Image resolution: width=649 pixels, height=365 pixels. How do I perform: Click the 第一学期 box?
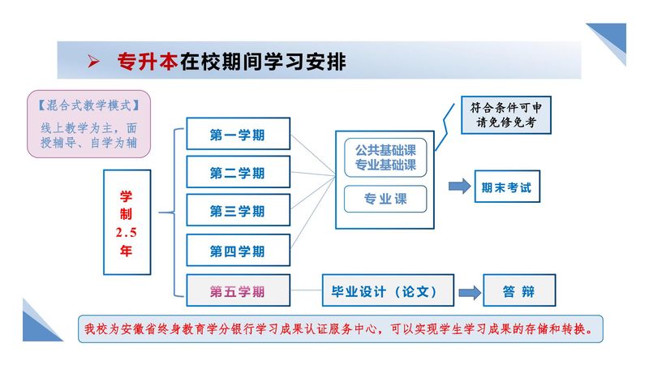coord(238,134)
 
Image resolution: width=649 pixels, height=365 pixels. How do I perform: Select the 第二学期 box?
coord(238,172)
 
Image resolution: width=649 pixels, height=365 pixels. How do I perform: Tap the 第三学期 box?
coord(238,211)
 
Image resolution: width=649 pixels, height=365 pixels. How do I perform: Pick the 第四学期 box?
coord(238,251)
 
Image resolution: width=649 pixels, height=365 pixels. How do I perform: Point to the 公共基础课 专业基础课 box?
coord(385,157)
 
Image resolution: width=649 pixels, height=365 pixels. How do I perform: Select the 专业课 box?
coord(385,199)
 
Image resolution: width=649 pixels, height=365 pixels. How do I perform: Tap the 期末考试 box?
coord(506,187)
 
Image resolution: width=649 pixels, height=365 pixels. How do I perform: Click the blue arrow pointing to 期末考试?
coord(460,187)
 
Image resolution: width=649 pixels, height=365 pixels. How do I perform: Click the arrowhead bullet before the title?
coord(93,62)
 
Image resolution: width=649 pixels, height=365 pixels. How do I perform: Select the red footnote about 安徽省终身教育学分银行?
coord(341,329)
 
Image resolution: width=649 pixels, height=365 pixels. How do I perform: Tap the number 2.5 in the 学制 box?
coord(126,232)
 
